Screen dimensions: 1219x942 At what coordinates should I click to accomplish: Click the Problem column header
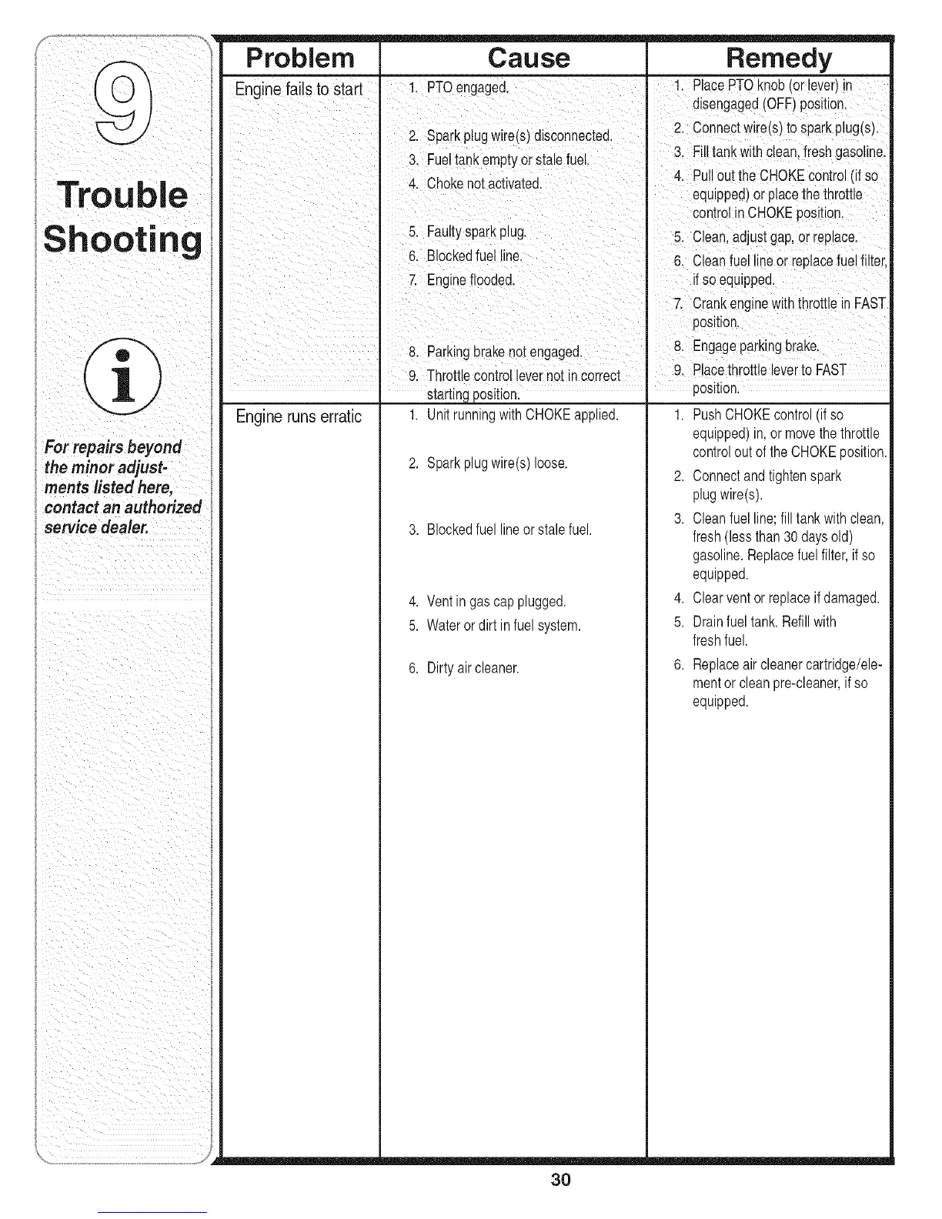[x=299, y=58]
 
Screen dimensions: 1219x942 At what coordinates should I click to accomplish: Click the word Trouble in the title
[x=122, y=194]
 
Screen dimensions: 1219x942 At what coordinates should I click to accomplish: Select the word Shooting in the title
[x=123, y=239]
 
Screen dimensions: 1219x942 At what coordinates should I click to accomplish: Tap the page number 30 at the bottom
[x=560, y=1180]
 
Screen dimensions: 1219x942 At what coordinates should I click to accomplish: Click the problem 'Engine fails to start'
[x=299, y=89]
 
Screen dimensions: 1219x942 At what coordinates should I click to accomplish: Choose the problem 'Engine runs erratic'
[x=299, y=417]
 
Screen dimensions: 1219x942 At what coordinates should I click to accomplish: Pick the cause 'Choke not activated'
[x=483, y=183]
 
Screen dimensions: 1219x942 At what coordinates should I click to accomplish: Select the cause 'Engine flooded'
[x=470, y=279]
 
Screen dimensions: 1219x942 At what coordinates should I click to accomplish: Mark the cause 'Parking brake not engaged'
[x=503, y=352]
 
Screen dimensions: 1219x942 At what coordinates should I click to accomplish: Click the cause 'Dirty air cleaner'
[x=473, y=668]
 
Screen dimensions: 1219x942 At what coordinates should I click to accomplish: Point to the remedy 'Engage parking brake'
[x=755, y=345]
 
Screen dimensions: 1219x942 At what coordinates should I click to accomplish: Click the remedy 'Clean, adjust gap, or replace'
[x=773, y=236]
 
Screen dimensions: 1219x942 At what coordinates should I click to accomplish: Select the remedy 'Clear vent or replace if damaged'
[x=785, y=598]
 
